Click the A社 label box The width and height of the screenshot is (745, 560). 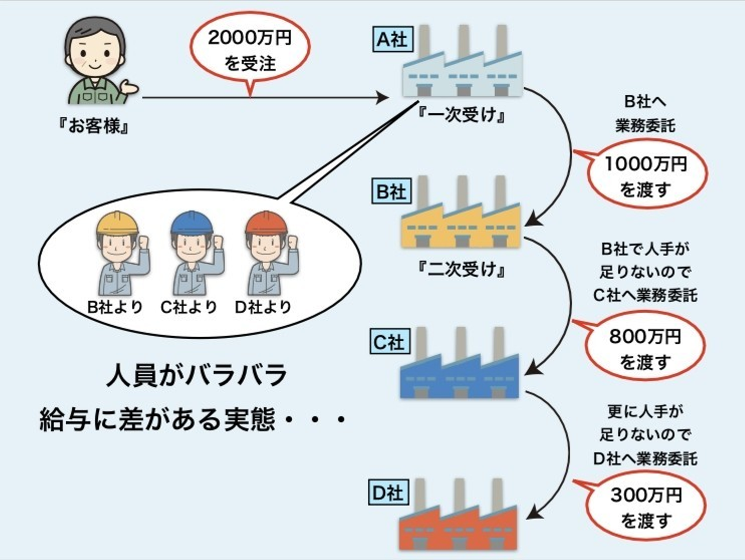click(392, 39)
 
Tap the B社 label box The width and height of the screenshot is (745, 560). click(391, 191)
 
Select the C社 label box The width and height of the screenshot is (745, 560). click(389, 341)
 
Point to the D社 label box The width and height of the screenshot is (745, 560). click(388, 492)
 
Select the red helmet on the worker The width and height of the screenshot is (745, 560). click(266, 222)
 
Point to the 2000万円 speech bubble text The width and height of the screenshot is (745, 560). click(250, 38)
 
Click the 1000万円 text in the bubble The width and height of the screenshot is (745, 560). click(646, 164)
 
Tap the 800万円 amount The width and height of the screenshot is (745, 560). click(645, 337)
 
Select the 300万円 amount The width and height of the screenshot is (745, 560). click(646, 495)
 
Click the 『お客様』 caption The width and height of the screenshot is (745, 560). click(94, 126)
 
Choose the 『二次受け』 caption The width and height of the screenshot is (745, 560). click(462, 269)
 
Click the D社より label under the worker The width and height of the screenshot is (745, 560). click(263, 307)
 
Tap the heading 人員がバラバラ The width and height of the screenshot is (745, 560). click(197, 375)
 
